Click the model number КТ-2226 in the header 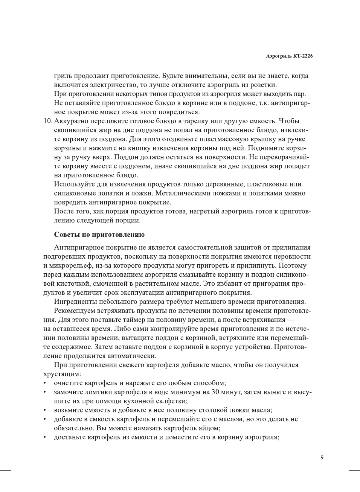point(302,56)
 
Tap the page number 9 point(322,457)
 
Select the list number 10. point(47,121)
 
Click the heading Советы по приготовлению point(99,235)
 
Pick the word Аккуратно point(72,121)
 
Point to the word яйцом point(210,428)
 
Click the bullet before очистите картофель point(45,383)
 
